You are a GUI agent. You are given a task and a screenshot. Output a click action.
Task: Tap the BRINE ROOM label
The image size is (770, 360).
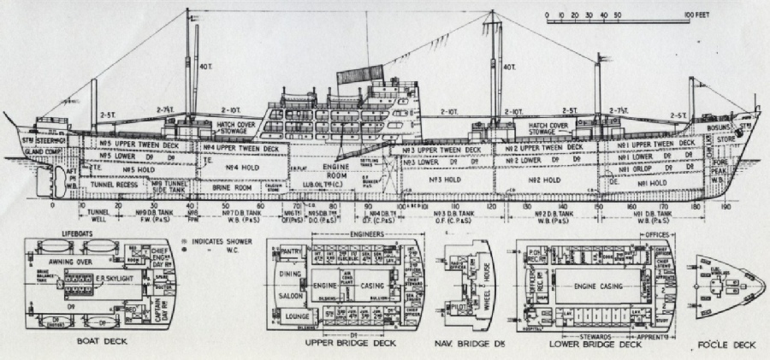[x=232, y=186]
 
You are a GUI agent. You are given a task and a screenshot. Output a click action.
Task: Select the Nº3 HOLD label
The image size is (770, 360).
[x=437, y=181]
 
